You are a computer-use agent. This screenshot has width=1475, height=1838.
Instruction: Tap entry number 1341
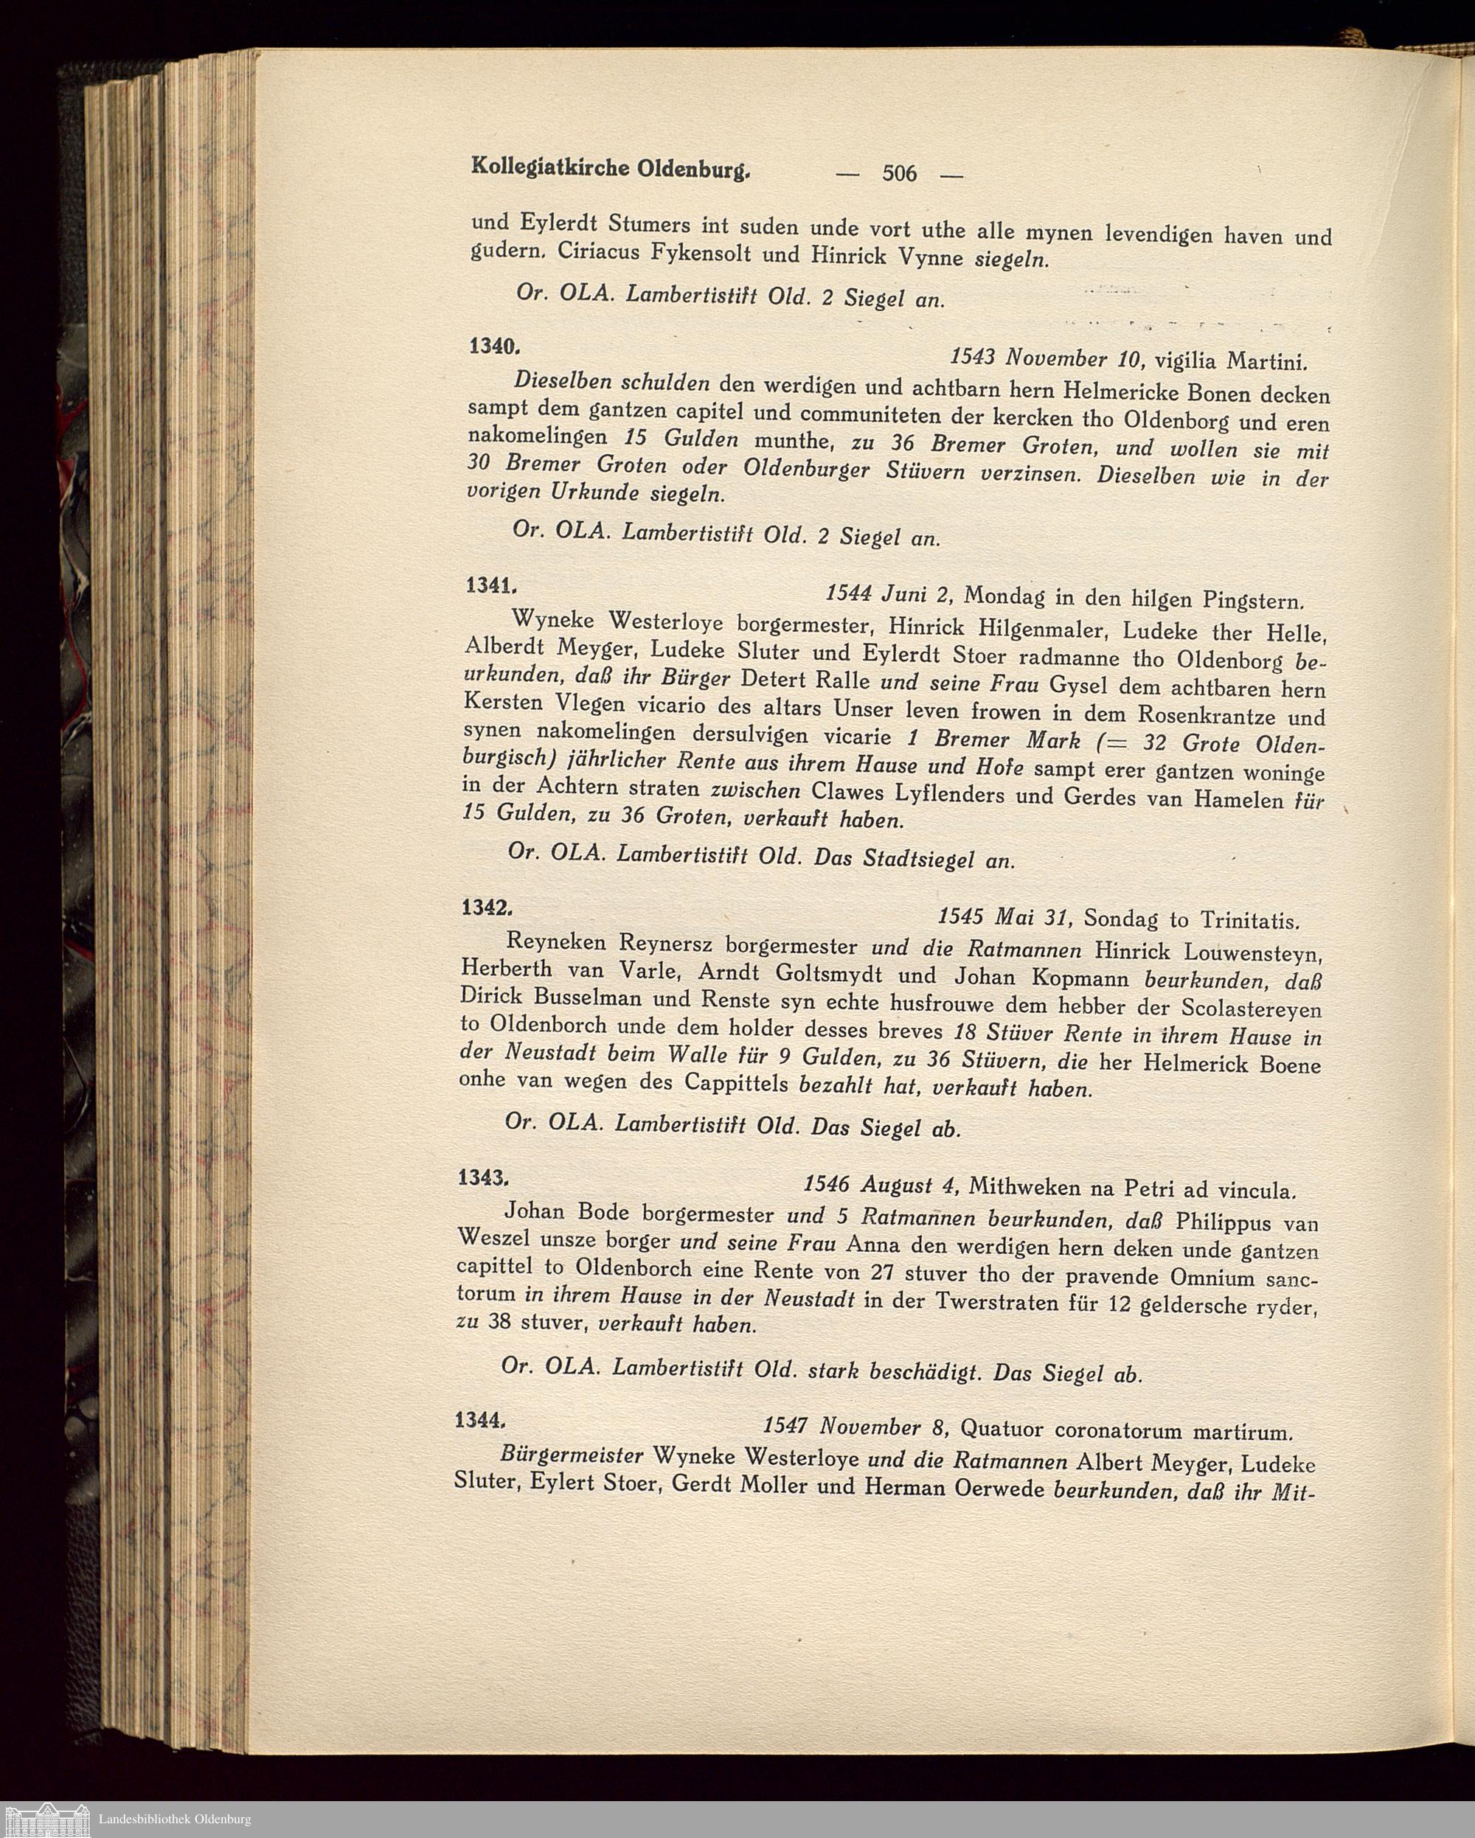(x=490, y=585)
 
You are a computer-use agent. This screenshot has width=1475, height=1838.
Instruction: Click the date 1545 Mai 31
(x=1003, y=917)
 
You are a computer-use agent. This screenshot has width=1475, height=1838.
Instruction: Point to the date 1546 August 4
(x=881, y=1184)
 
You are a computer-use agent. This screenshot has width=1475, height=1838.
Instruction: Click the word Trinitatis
(x=1250, y=921)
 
